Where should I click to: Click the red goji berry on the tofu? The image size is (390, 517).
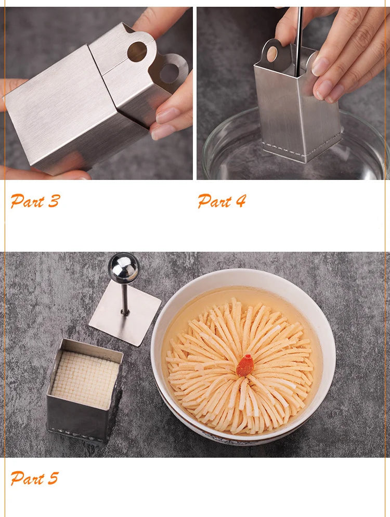pyautogui.click(x=245, y=365)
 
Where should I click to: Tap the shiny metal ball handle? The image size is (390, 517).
pyautogui.click(x=124, y=268)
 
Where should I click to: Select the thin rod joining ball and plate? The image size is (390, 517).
pyautogui.click(x=125, y=299)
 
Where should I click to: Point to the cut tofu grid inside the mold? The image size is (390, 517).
pyautogui.click(x=85, y=379)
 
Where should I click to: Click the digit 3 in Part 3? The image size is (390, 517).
pyautogui.click(x=54, y=201)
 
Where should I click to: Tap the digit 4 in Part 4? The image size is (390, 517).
pyautogui.click(x=241, y=201)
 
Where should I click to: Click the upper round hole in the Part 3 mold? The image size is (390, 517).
pyautogui.click(x=137, y=52)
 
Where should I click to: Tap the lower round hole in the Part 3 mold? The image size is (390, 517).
pyautogui.click(x=170, y=73)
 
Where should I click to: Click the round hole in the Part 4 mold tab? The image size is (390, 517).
pyautogui.click(x=272, y=54)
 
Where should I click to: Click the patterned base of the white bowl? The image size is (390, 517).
pyautogui.click(x=231, y=435)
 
